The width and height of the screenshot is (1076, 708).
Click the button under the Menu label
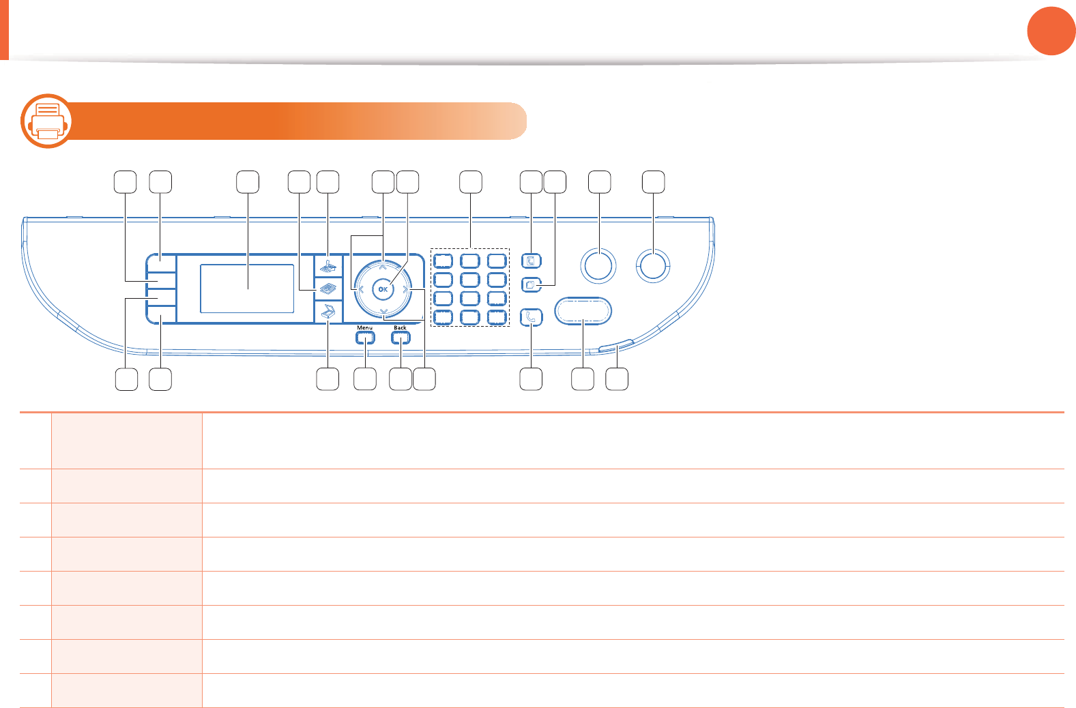(365, 337)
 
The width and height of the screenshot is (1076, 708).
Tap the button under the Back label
(401, 337)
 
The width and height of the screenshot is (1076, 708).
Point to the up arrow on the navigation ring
(383, 267)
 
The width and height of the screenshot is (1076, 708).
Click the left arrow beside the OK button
(361, 290)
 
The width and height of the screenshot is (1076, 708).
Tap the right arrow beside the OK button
(405, 290)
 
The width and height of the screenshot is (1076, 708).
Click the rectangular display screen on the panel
(247, 289)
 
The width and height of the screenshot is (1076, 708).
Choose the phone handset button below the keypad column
(531, 317)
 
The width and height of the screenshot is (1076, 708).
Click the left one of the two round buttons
(598, 265)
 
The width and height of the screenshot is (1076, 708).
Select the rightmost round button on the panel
(653, 265)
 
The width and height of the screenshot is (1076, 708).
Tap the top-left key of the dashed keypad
(444, 261)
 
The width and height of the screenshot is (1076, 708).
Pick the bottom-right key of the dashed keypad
(497, 317)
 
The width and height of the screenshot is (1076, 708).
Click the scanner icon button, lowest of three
(328, 312)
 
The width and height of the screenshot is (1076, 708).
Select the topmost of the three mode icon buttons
(328, 265)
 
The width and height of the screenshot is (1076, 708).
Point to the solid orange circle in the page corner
(1051, 31)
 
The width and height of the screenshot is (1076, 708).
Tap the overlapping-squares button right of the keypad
(531, 284)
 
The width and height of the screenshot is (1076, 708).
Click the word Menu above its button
(365, 328)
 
